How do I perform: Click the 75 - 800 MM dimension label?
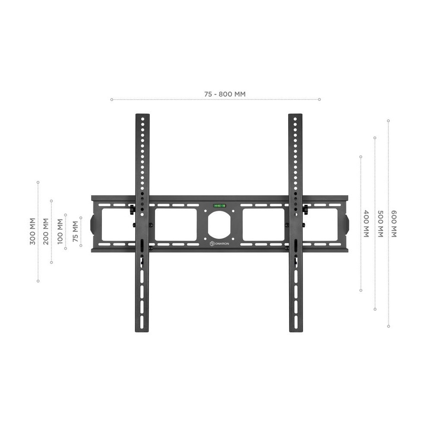[225, 94]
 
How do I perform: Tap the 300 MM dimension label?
[32, 232]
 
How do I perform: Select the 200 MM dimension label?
[46, 232]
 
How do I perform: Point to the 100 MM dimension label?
[60, 232]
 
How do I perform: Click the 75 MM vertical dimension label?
[75, 232]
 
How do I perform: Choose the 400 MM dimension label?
[366, 223]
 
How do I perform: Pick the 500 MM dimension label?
[380, 223]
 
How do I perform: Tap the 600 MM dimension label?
[394, 223]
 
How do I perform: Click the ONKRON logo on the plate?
[219, 244]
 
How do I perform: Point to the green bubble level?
[219, 206]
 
